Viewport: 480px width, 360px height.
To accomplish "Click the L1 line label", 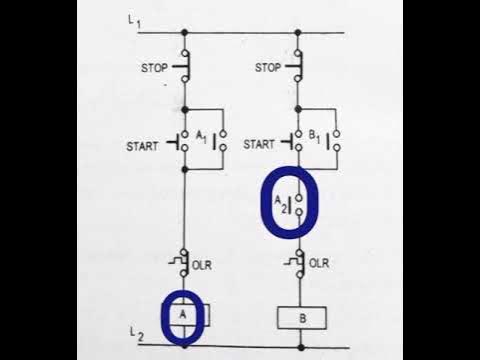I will point(133,21).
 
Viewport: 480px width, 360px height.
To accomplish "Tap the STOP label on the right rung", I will point(267,69).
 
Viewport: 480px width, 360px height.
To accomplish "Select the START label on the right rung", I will point(259,144).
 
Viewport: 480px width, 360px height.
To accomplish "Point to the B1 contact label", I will point(317,136).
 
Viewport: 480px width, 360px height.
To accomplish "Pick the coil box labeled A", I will point(184,315).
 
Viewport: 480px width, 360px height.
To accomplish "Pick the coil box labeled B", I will point(298,317).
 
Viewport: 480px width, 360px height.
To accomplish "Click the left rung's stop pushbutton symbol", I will point(182,67).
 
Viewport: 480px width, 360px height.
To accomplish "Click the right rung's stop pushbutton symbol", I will point(297,67).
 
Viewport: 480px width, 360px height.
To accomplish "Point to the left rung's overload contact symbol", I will point(183,263).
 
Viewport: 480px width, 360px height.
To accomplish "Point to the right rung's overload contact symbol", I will point(297,263).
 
